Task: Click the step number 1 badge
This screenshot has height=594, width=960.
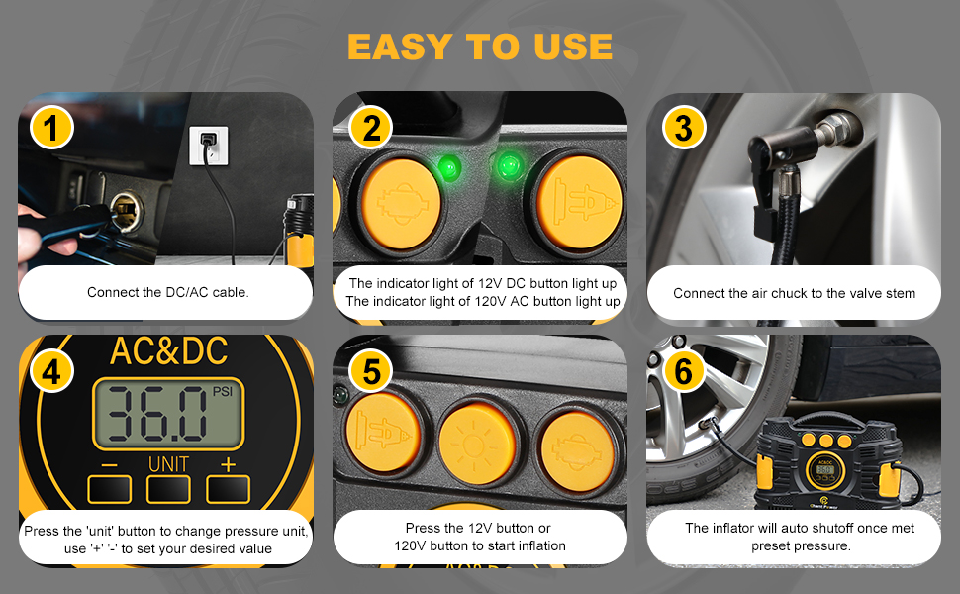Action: point(51,129)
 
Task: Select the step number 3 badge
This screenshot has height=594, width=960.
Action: point(683,129)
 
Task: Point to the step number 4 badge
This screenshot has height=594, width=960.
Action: point(51,371)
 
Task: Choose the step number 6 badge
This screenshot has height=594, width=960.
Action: point(683,371)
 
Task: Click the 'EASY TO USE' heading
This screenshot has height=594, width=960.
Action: point(480,46)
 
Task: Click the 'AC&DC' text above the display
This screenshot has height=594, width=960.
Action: point(168,350)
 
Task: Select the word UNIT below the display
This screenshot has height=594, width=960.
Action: point(168,463)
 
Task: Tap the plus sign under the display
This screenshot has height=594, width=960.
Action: point(229,463)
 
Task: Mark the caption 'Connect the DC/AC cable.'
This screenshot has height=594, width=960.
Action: point(167,292)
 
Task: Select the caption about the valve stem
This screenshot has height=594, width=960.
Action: point(794,293)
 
